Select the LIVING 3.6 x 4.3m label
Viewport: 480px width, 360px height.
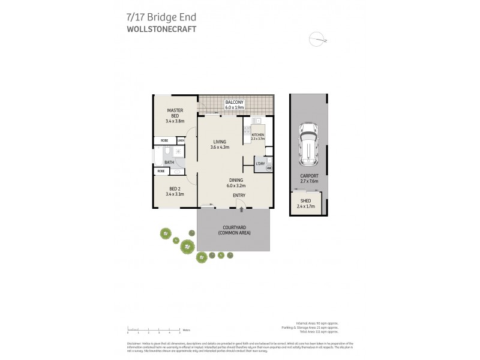[x=220, y=144]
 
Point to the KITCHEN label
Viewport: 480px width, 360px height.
[x=258, y=137]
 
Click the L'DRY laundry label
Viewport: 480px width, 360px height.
[x=260, y=164]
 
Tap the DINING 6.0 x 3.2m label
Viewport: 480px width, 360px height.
[x=235, y=183]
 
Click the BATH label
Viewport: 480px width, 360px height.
[x=169, y=162]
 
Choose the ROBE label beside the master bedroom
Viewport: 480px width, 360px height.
[x=164, y=141]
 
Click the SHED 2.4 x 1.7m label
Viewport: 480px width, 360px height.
[x=305, y=203]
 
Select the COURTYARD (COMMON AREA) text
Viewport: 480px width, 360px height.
[x=235, y=230]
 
